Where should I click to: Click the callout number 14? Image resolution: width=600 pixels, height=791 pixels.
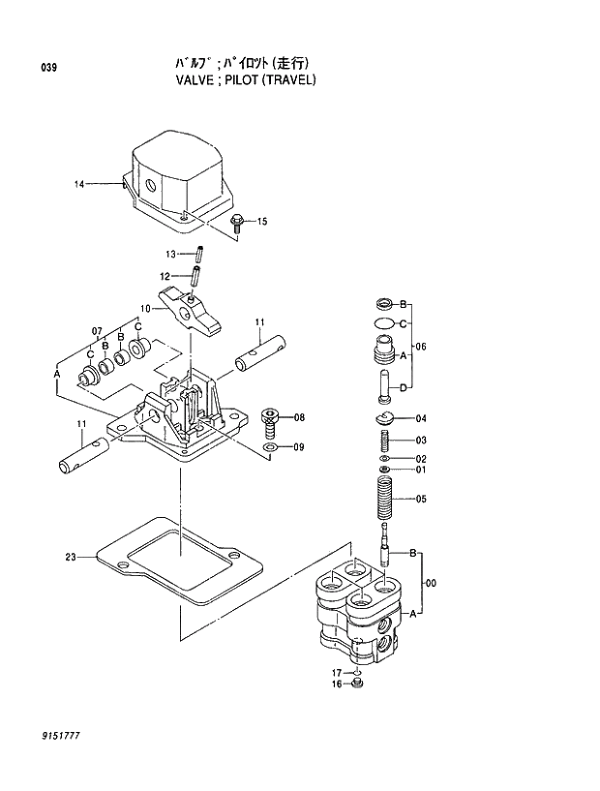coord(80,183)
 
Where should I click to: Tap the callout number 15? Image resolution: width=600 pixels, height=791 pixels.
coord(262,223)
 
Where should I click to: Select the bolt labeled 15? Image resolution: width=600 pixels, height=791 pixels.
coord(237,224)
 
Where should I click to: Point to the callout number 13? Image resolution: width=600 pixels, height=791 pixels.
coord(169,254)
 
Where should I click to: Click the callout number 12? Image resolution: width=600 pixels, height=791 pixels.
coord(165,276)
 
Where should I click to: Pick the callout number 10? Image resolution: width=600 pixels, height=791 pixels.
coord(144,309)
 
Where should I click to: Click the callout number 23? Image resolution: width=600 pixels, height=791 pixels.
coord(71,557)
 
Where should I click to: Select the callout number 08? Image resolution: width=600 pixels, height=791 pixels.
coord(299,417)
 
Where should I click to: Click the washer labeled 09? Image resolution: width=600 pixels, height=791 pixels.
coord(271,447)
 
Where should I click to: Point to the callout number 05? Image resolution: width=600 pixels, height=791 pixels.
coord(421,500)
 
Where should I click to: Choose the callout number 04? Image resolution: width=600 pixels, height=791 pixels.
coord(421,419)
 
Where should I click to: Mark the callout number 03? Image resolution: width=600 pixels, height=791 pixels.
coord(421,441)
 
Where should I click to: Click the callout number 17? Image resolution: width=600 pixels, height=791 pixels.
coord(338,672)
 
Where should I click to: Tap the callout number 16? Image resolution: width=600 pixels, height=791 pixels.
coord(338,685)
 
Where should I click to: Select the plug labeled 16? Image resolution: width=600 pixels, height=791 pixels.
coord(358,685)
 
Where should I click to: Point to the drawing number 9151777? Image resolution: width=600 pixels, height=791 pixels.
coord(60,738)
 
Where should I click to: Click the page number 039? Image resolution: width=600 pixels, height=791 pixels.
coord(49,67)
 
